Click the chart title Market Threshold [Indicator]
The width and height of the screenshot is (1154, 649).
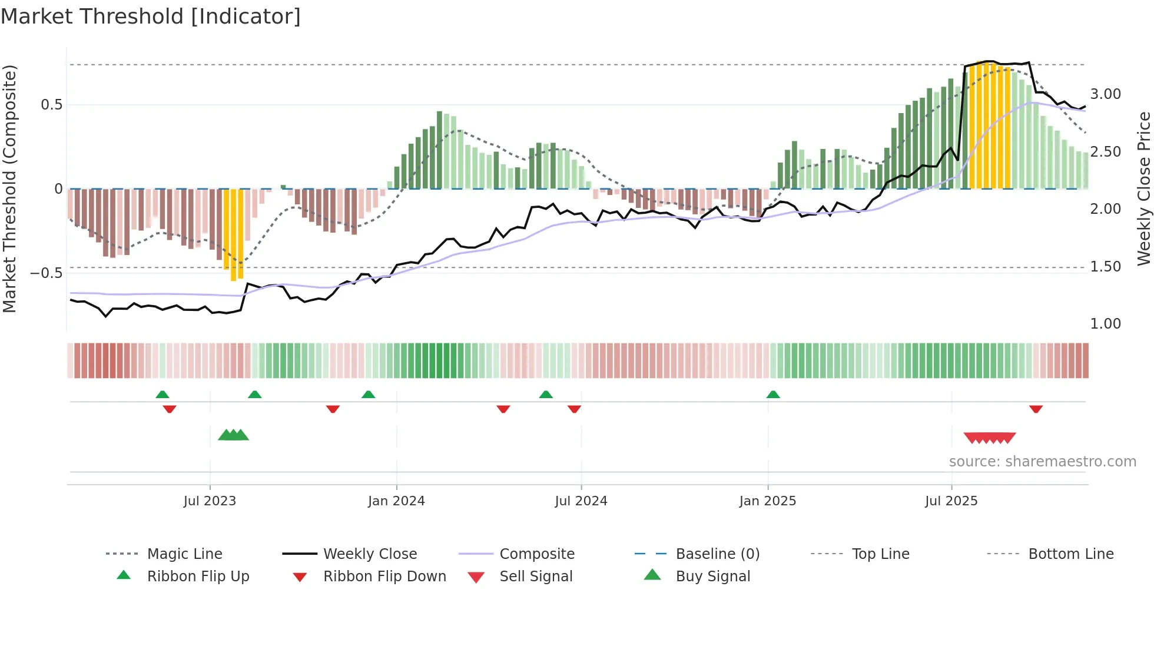[151, 16]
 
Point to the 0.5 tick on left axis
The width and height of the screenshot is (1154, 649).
[51, 105]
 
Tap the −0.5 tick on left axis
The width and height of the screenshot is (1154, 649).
[47, 273]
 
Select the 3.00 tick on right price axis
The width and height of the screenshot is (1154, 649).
[1105, 94]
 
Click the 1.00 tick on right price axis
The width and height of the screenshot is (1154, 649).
[1105, 324]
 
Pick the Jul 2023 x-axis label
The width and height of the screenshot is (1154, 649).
[210, 501]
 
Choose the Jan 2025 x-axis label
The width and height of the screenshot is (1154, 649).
[767, 501]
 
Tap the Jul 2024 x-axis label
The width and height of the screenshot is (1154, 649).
[581, 501]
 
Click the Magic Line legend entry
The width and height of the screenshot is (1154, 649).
[184, 554]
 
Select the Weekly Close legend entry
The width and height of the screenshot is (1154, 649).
[370, 554]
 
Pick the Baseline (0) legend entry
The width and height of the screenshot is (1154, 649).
[717, 554]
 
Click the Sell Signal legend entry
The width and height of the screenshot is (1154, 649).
[535, 577]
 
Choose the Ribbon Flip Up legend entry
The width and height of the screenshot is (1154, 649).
[198, 577]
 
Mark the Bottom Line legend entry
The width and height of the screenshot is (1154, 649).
[1070, 554]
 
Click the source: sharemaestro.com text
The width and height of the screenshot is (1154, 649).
[1042, 462]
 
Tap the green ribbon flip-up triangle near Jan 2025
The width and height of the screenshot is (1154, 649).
[773, 395]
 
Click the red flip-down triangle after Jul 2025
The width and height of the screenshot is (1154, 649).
[1036, 409]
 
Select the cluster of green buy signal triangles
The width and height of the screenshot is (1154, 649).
[234, 435]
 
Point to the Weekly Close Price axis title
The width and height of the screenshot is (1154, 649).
[1143, 188]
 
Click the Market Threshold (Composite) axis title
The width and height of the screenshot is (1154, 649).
[9, 188]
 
